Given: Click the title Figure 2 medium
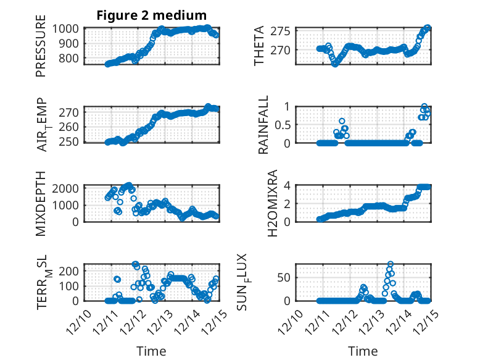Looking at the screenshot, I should tap(151, 15).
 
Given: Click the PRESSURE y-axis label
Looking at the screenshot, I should tap(41, 50).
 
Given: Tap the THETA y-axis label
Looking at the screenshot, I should tap(259, 46).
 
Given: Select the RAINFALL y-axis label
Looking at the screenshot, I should tap(263, 124).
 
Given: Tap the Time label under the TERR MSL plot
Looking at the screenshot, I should tap(151, 351).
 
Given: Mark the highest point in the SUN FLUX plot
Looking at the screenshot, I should tap(391, 264).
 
